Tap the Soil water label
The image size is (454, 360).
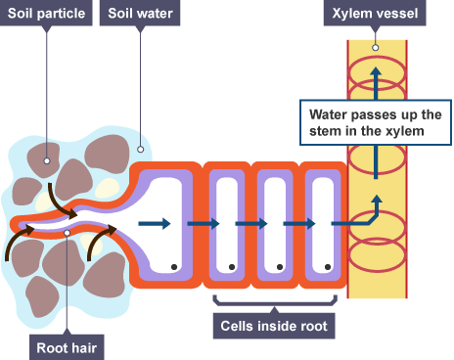(x=141, y=14)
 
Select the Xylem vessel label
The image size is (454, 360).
(x=375, y=14)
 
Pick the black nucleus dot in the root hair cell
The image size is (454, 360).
(x=172, y=266)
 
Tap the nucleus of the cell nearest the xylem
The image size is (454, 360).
(x=330, y=266)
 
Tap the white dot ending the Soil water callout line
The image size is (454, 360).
(x=141, y=151)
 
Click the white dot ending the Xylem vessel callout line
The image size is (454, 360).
(x=375, y=47)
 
